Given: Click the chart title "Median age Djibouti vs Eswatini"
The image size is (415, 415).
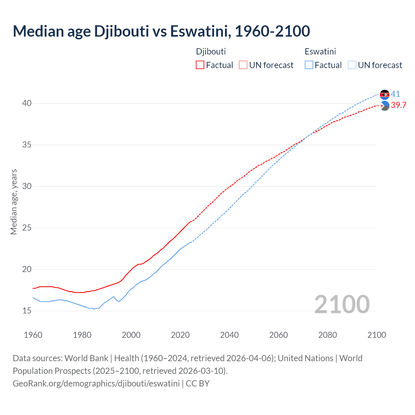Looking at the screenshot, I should pos(161,31).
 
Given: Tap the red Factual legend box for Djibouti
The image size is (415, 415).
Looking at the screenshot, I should pos(200,65).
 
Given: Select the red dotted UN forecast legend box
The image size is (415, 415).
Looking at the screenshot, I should pos(243,65).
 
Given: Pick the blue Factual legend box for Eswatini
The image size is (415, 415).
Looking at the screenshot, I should pos(309,65).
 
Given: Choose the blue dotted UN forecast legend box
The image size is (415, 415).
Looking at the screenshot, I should pos(352,65).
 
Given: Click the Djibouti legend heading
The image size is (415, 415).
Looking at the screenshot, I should pos(211,52).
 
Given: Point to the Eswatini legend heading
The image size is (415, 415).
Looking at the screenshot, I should pos(320,52).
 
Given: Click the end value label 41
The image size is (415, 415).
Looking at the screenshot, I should pos(395,94).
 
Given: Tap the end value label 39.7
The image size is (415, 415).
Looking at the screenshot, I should pos(398,105).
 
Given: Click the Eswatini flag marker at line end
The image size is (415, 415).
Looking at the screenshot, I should pos(385,95).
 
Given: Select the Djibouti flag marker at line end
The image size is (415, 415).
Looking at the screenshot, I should pos(385,106).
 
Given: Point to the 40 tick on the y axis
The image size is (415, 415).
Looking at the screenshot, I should pos(27,103).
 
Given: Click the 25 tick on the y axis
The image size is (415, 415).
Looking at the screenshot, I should pos(27,228).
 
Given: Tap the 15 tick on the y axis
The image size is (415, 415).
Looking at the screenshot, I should pos(27,311).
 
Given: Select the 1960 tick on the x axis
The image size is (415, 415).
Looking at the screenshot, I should pos(33,335).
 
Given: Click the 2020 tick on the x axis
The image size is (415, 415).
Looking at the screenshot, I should pos(180,335).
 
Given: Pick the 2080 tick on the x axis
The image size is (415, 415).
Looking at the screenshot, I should pos(327,335).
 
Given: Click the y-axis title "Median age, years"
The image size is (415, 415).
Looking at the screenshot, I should pos(14,202).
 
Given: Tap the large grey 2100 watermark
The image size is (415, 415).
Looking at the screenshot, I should pos(342,304).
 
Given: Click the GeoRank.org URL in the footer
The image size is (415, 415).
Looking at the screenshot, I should pos(96,384).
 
